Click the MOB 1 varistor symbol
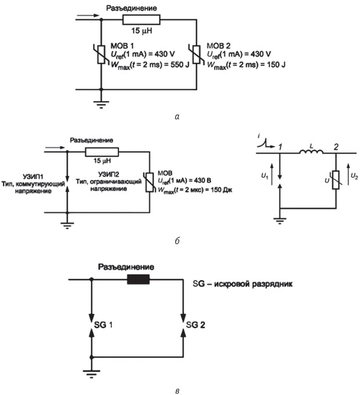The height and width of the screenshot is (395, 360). [x=102, y=55]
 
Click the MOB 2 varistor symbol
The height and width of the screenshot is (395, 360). [x=197, y=55]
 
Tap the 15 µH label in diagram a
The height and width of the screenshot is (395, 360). [x=142, y=31]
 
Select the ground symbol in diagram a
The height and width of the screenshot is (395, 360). [x=102, y=104]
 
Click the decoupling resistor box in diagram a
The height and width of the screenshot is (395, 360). [x=142, y=20]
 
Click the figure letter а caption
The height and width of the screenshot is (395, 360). [x=177, y=117]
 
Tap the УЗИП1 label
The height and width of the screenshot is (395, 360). [x=34, y=176]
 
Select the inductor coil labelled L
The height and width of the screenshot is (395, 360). [x=311, y=152]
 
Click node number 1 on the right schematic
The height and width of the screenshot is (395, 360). [x=280, y=147]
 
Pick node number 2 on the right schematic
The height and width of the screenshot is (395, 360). [x=336, y=147]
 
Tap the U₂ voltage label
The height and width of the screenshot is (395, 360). [x=354, y=176]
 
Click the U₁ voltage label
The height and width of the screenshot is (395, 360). [x=265, y=176]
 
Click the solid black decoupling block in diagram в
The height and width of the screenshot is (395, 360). [x=138, y=280]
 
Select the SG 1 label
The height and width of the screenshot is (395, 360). [x=103, y=325]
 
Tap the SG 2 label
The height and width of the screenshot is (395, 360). [x=196, y=325]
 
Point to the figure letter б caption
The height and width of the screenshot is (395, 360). [x=177, y=241]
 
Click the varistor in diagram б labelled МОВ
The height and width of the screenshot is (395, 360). [x=150, y=182]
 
